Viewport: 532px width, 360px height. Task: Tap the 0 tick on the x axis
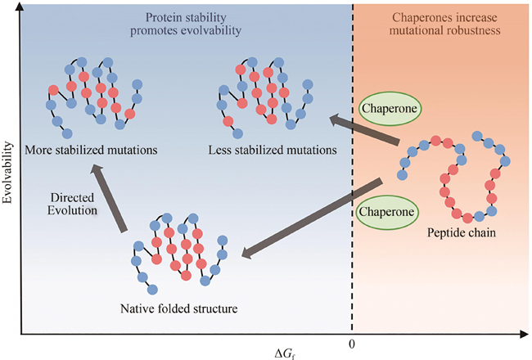coord(352,345)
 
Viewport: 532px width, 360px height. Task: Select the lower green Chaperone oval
coord(384,211)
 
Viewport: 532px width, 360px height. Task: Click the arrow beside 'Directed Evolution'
coord(111,197)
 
